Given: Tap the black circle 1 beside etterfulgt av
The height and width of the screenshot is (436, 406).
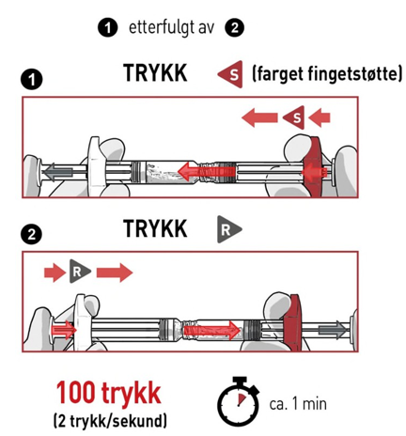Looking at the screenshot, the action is coord(107,27).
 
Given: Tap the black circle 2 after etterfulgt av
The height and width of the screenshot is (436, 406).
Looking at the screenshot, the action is coord(234,28).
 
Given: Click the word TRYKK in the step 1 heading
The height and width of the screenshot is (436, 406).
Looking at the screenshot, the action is coord(155,73).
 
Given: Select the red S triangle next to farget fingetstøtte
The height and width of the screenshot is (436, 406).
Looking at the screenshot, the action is coord(231,74).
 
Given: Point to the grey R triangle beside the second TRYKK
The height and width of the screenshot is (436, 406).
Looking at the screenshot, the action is coord(228,229).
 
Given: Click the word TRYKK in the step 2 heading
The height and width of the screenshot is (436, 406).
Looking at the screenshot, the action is coord(155,228).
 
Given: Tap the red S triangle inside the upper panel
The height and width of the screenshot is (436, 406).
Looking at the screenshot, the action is coord(295,117).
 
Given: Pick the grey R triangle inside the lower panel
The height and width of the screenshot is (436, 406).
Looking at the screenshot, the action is coord(79,272).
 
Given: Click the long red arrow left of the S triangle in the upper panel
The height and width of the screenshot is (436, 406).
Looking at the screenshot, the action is coord(259,117).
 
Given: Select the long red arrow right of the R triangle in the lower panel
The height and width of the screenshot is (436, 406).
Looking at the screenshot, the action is coord(115,272).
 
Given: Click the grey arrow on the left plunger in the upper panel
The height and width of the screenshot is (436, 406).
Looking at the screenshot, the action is coord(57,172).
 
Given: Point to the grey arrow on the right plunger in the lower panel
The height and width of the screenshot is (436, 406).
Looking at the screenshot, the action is coord(334,330).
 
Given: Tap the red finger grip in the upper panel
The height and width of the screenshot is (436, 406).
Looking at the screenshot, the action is coord(317,166).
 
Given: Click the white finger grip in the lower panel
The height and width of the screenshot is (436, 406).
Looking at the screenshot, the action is coord(82,322).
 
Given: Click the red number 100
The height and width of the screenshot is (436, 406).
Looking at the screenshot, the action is coord(75,393).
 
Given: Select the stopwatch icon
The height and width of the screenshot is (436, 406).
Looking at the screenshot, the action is coord(239,401).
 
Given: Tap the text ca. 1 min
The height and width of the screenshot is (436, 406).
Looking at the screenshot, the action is coord(298,404).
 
